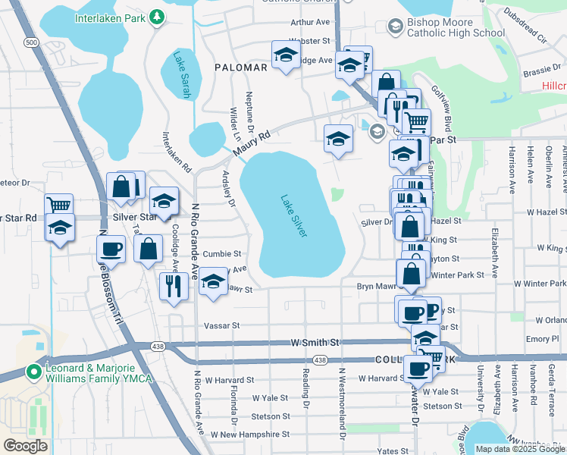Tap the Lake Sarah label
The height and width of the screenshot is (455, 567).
(181, 74)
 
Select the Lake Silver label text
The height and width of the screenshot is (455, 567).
(294, 216)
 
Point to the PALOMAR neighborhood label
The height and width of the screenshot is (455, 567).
(241, 67)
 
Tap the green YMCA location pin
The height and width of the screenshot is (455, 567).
(33, 372)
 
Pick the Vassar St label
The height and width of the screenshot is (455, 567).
(221, 325)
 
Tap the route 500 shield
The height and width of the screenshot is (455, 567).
(31, 43)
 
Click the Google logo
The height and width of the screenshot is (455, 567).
(25, 446)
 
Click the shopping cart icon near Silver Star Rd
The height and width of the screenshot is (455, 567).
(58, 205)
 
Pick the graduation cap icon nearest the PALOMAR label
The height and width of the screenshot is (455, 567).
(286, 55)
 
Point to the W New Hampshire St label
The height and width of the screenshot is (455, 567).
(250, 435)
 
